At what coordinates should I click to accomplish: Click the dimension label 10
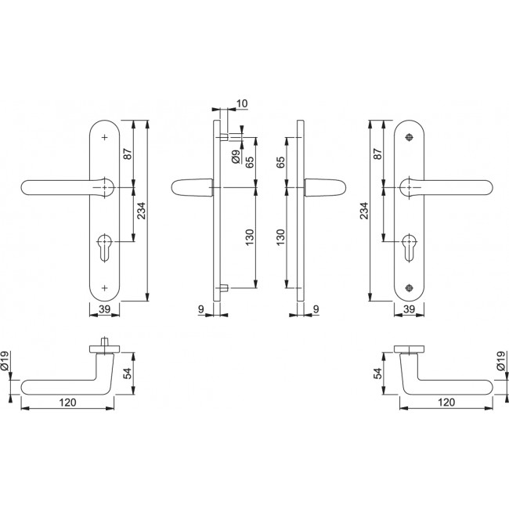[242, 103]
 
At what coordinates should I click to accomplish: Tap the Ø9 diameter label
[236, 156]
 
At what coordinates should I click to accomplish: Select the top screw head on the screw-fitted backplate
[409, 137]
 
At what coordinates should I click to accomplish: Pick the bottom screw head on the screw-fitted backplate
[409, 287]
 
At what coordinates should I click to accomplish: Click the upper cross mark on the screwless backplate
[104, 137]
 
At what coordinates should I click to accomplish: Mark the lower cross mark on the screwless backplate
[104, 287]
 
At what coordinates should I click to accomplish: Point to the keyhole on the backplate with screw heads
[409, 247]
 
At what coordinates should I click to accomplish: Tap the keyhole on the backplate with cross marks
[104, 247]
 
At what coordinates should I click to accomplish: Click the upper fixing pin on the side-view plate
[224, 137]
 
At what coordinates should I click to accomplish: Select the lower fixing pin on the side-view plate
[224, 287]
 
